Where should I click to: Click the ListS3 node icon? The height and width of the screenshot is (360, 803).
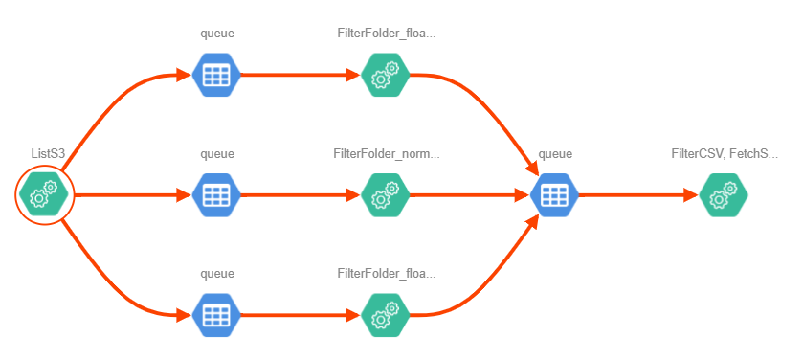(x=43, y=194)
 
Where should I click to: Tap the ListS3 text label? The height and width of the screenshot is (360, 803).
(x=48, y=153)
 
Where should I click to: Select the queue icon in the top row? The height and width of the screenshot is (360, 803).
(x=216, y=75)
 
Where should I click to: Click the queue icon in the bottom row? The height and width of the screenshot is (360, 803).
(x=216, y=315)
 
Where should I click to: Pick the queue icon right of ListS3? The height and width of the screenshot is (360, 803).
(x=216, y=194)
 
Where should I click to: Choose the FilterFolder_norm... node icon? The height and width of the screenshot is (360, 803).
(x=385, y=194)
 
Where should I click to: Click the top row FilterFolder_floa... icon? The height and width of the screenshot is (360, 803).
(x=385, y=75)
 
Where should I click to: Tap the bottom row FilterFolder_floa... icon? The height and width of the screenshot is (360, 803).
(x=385, y=315)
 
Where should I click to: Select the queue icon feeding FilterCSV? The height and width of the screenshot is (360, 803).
(x=554, y=194)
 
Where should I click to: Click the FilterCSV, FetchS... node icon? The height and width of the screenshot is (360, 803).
(x=724, y=194)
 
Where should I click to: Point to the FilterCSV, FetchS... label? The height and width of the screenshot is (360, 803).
(x=725, y=153)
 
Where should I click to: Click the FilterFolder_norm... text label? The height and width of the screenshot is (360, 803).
(x=386, y=153)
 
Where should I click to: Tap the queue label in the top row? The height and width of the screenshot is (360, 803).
(x=217, y=34)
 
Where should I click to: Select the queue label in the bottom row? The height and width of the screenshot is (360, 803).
(x=217, y=274)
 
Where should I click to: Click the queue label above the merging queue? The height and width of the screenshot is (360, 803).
(x=555, y=153)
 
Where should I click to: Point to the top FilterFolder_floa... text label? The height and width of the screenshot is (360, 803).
(x=386, y=34)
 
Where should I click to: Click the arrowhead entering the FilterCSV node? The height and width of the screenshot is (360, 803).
(x=691, y=194)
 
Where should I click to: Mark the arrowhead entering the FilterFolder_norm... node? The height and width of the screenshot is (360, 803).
(x=353, y=194)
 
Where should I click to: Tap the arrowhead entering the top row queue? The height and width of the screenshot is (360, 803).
(x=184, y=75)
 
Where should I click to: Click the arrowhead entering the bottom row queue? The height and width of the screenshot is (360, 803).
(x=184, y=315)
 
